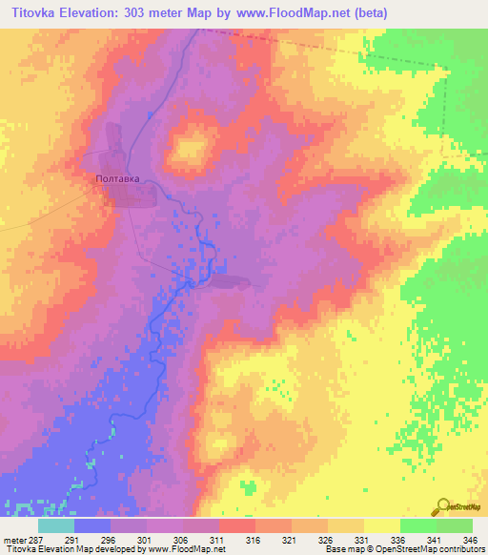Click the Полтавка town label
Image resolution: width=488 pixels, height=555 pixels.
coord(119,178)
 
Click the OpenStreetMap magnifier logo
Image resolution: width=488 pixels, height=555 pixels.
coord(440,506)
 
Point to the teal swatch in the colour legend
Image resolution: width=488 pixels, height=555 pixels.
coord(56,525)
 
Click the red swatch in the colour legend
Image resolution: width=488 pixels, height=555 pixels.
coord(237,525)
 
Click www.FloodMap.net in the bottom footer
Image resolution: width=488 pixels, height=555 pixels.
coord(183,550)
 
